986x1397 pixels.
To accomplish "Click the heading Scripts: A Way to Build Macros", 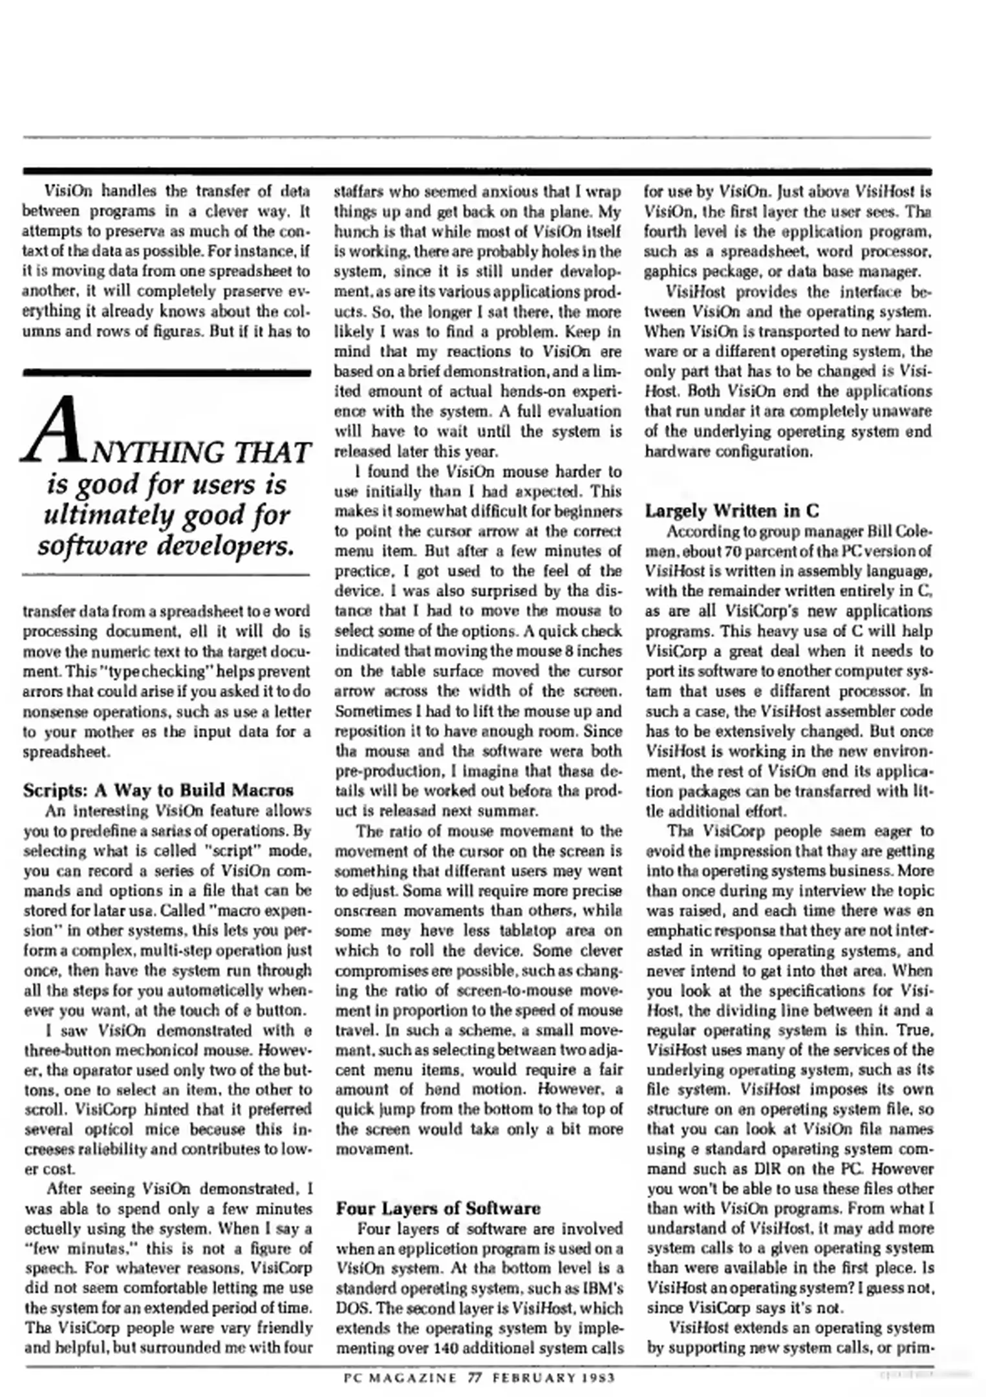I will tap(158, 790).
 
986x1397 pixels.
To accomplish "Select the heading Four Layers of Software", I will tap(438, 1208).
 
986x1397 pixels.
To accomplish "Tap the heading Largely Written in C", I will tap(732, 511).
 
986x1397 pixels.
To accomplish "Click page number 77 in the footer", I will tap(475, 1378).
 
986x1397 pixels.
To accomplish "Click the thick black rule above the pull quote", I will tap(167, 373).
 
